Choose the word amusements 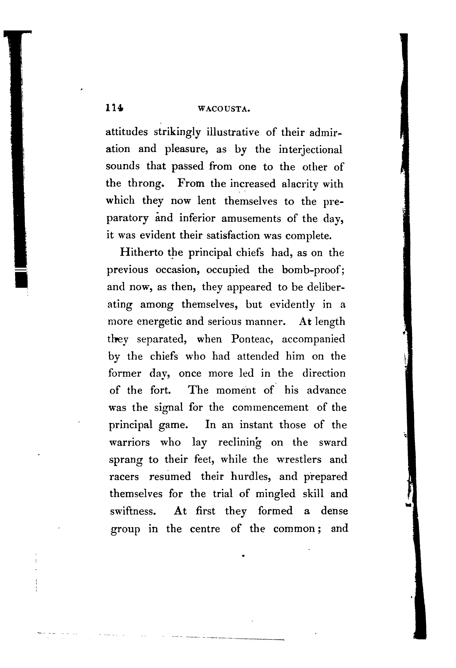click(250, 218)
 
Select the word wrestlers click(299, 459)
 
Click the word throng click(146, 184)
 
